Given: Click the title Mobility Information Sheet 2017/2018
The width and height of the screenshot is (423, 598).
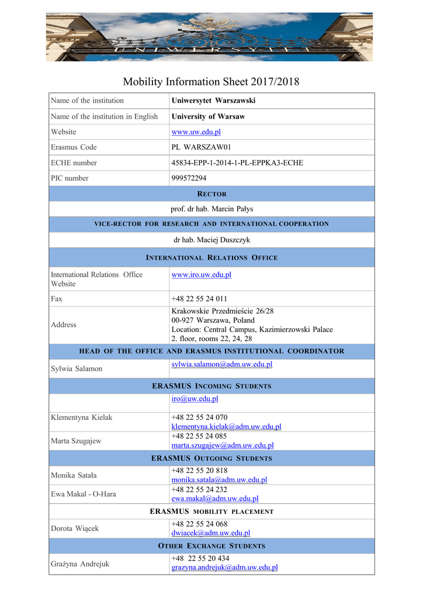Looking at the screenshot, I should [x=211, y=82].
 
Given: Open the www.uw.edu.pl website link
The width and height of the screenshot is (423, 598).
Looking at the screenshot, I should [x=196, y=132].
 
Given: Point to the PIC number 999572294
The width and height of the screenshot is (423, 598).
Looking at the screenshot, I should [x=189, y=178].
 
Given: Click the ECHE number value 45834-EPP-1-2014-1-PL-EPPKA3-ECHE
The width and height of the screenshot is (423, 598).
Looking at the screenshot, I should [x=237, y=163].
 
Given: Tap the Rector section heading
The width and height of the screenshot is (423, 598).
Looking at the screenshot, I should [x=211, y=194].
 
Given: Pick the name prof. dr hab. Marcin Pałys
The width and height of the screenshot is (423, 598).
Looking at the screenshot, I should [x=211, y=209].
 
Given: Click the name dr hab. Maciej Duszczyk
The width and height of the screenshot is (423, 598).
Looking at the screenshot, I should [x=211, y=240].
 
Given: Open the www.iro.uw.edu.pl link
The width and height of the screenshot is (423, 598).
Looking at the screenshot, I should [x=201, y=274].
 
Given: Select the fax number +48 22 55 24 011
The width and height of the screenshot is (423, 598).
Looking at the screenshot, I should [x=199, y=299].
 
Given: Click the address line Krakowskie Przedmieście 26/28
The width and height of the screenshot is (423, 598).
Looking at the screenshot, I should [x=223, y=311].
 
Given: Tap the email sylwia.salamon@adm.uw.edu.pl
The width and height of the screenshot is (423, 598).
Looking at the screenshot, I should [x=221, y=364].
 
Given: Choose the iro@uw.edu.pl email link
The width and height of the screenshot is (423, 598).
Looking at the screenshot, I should [x=195, y=399].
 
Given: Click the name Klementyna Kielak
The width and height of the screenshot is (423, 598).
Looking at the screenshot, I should [x=81, y=418].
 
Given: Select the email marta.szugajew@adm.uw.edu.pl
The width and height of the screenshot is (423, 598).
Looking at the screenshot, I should [x=222, y=446].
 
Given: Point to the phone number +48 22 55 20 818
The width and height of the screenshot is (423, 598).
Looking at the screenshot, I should [x=199, y=471].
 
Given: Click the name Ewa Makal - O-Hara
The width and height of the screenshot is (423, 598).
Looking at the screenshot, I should [x=83, y=494].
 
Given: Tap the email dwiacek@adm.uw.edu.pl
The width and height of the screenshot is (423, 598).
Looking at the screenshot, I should [x=210, y=533].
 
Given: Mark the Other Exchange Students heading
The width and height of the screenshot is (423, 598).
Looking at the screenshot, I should [x=211, y=546].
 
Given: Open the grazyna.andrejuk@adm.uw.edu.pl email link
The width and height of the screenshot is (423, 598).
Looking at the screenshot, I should [x=224, y=568].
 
